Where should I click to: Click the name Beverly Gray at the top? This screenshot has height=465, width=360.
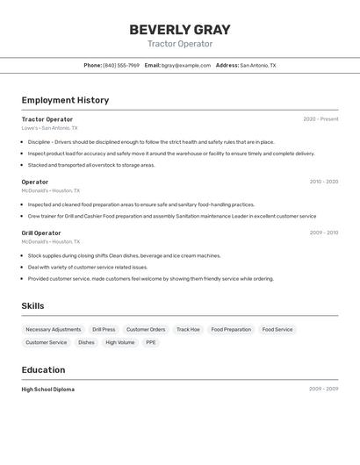179,29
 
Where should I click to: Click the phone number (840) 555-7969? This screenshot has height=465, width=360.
121,65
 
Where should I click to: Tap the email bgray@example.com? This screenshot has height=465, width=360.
187,65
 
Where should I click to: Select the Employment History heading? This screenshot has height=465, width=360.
65,100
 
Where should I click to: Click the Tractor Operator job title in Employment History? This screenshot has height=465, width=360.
47,119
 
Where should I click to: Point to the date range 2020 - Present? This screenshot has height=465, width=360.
320,119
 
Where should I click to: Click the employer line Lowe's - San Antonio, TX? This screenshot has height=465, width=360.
49,128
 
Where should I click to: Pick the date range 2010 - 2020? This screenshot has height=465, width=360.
323,182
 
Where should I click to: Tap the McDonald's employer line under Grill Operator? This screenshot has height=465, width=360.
50,241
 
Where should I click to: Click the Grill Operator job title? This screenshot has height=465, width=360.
41,232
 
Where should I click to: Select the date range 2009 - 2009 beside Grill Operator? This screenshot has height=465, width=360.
323,232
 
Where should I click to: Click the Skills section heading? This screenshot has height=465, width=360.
32,305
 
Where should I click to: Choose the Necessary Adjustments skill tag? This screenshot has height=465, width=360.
54,330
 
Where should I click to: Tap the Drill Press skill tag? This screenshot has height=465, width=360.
104,330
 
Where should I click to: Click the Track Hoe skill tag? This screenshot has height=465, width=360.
188,330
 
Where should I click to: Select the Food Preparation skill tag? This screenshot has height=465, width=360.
231,330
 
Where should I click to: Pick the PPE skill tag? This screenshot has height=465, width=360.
151,342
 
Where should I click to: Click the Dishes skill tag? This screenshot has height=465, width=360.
86,342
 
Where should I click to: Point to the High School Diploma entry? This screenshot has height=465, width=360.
48,389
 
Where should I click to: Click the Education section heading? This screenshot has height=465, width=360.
43,369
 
